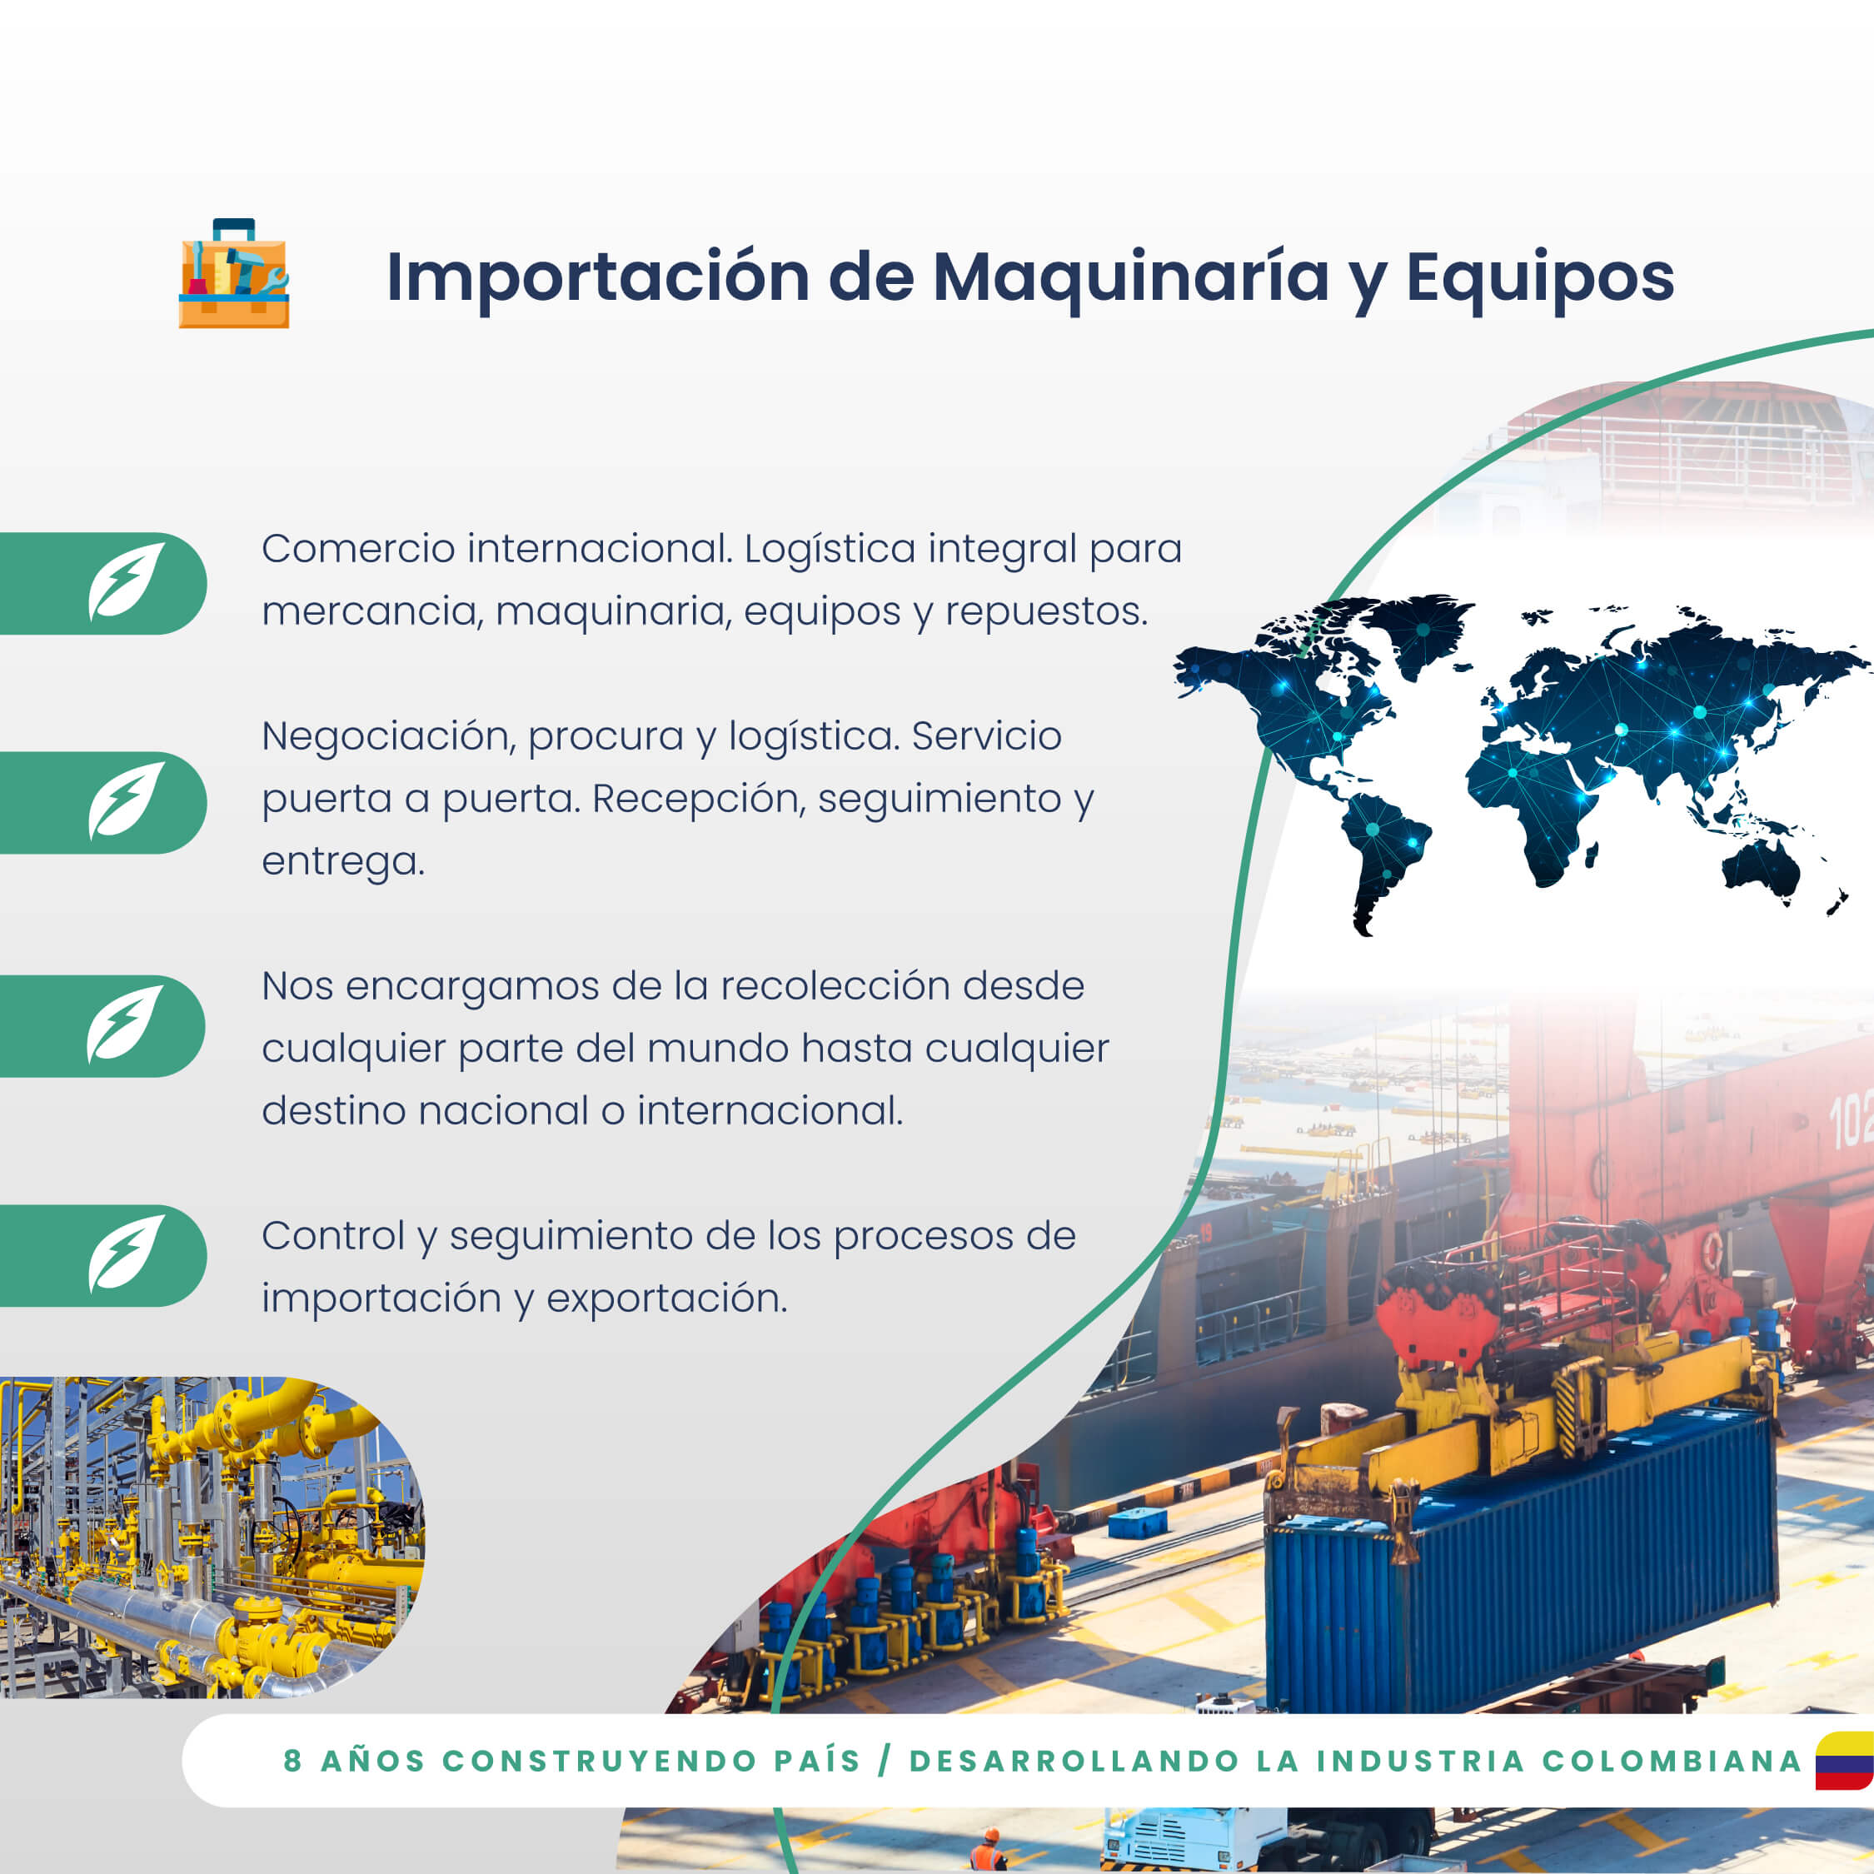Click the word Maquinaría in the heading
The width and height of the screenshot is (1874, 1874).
[x=1130, y=278]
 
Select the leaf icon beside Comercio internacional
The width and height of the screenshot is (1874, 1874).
[x=126, y=581]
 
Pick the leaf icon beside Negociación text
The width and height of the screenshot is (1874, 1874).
[x=126, y=800]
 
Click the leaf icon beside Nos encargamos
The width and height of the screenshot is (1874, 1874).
[x=125, y=1024]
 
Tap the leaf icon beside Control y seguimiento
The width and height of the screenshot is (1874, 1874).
[x=126, y=1253]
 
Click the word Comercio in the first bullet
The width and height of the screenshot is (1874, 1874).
[x=358, y=549]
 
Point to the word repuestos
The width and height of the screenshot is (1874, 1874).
[x=1047, y=613]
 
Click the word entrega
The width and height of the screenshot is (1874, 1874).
[x=343, y=862]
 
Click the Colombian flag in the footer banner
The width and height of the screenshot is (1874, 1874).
[x=1846, y=1761]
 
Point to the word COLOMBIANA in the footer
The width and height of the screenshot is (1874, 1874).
[x=1672, y=1762]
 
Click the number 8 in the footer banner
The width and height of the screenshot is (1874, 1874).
[x=292, y=1762]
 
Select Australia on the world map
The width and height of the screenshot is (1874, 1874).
[x=1761, y=869]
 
